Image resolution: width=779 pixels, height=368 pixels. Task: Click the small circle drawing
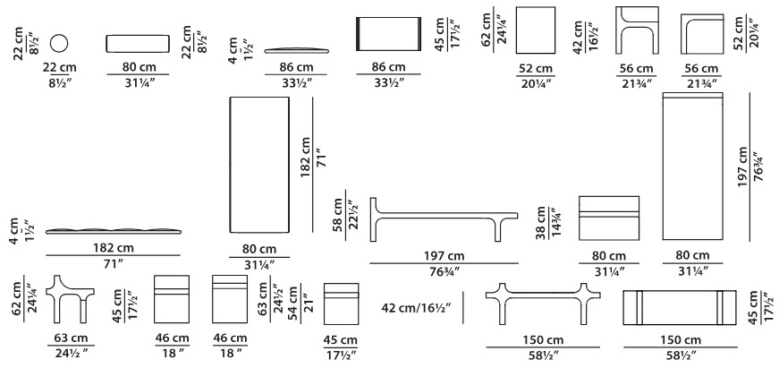59,43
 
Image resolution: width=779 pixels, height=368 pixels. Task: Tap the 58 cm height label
338,215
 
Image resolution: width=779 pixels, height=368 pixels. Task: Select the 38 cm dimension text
540,223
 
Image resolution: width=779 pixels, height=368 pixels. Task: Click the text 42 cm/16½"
416,308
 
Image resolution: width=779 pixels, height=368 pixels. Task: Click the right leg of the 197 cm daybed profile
497,231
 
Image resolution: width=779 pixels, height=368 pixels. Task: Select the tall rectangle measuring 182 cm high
258,164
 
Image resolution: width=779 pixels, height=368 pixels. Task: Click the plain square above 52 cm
536,30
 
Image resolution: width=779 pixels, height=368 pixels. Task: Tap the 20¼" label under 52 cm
536,83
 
